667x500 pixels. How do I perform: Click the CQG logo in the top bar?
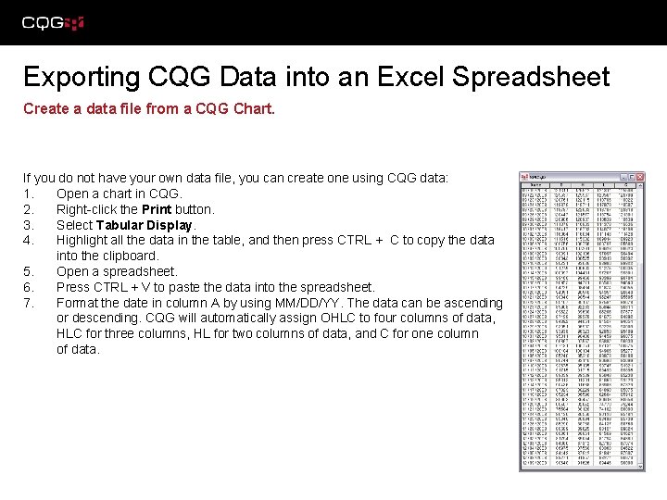tap(52, 22)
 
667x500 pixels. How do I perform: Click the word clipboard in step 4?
tap(130, 256)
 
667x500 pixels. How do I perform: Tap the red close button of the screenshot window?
tap(638, 176)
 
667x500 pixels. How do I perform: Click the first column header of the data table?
tap(535, 185)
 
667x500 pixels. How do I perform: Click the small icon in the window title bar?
tap(524, 176)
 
